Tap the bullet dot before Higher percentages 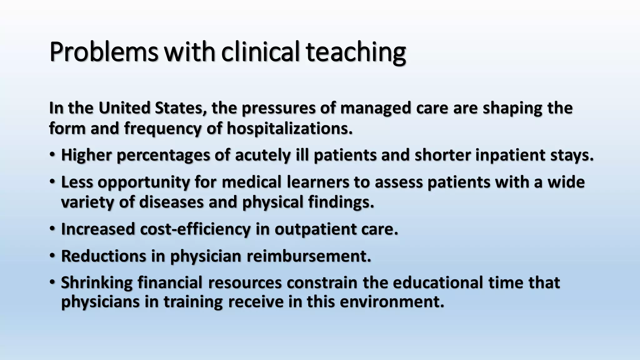(52, 154)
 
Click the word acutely (263, 155)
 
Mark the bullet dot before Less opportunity (52, 181)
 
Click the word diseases (171, 202)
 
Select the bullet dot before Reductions (52, 255)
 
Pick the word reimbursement (309, 256)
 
